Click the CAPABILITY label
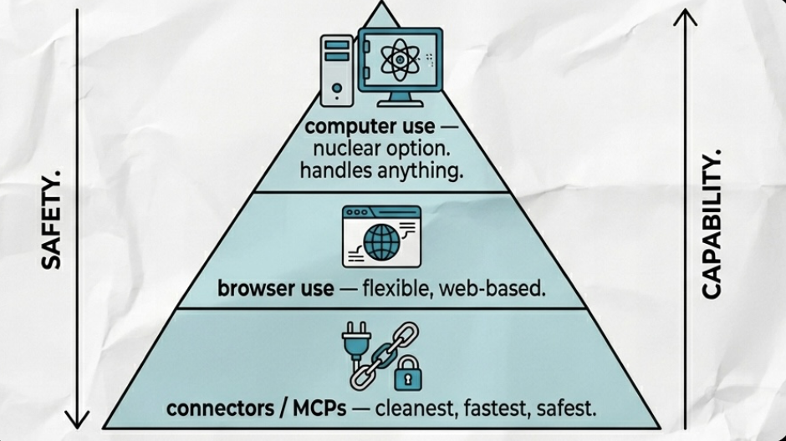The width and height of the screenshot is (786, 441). coord(711,224)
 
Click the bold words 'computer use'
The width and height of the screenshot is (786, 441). coord(370,128)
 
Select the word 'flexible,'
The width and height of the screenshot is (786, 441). coord(393,291)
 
